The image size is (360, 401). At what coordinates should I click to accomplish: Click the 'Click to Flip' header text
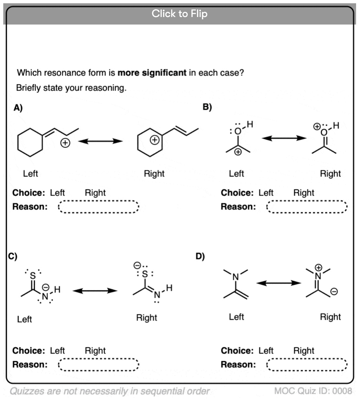tap(179, 14)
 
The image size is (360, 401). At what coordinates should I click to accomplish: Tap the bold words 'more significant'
tap(152, 73)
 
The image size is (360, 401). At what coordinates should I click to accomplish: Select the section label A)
tap(18, 108)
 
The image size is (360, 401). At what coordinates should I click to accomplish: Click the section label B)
tap(207, 107)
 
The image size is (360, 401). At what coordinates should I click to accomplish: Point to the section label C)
tap(13, 256)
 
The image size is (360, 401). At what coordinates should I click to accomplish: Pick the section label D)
tap(200, 256)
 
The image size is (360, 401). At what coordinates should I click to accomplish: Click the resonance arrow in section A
tap(100, 141)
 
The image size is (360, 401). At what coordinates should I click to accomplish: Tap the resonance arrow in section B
tap(284, 138)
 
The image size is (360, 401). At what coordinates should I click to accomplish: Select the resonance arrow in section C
tap(95, 290)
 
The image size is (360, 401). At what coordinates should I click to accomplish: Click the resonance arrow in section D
tap(278, 283)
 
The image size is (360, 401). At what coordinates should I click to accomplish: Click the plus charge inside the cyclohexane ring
tap(154, 140)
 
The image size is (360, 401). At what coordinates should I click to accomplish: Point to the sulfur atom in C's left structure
tap(33, 276)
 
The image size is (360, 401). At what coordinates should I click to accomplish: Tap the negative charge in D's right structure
tap(334, 291)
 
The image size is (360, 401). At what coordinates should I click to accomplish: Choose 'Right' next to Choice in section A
tap(95, 193)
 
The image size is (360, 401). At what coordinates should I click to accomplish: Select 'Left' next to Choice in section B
tap(266, 193)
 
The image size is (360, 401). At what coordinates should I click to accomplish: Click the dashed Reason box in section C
tap(98, 365)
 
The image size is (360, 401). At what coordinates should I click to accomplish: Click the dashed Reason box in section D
tap(307, 365)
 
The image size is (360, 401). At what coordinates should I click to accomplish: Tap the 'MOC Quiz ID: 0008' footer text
tap(313, 391)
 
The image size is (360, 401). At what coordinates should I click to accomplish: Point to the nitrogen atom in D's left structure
tap(236, 277)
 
